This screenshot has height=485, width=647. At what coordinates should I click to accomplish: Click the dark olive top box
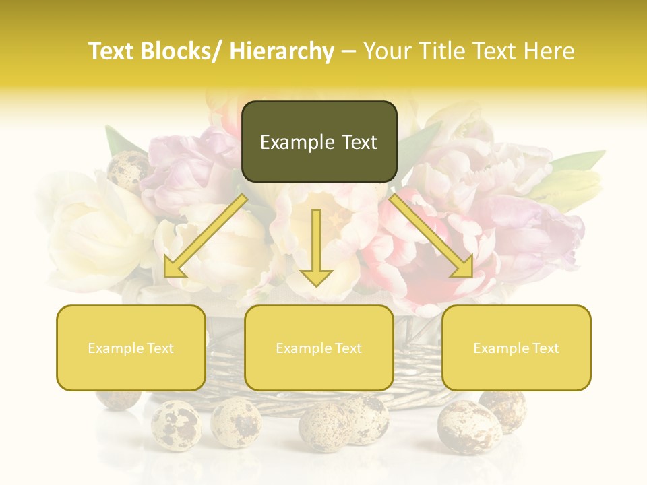pos(319,141)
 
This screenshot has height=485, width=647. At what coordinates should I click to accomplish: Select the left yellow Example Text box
pos(131,348)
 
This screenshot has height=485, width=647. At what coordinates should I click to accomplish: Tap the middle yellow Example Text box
pos(319,348)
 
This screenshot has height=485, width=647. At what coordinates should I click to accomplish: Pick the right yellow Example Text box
pos(516,348)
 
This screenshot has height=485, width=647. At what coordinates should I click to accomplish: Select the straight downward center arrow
pos(316,247)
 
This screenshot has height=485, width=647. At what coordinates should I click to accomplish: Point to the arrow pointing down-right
pos(431,235)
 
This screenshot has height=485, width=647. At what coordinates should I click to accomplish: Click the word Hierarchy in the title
pos(282,51)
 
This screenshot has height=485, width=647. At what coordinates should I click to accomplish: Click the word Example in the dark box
pos(297,142)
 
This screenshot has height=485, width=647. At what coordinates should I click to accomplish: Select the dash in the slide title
pos(348,51)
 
